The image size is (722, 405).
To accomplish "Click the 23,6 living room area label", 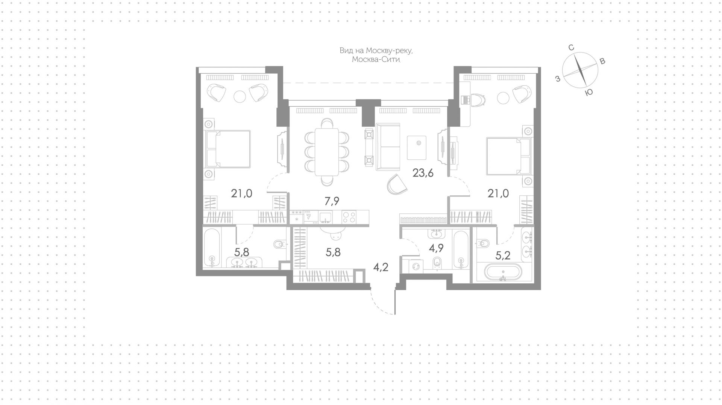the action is (423, 173).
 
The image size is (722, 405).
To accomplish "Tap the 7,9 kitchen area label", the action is (332, 201).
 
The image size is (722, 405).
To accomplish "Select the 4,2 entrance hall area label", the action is (381, 267).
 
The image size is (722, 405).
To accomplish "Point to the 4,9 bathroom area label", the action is (437, 249).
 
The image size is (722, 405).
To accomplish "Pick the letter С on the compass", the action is (571, 47).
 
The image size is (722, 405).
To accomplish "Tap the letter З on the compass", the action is (558, 79).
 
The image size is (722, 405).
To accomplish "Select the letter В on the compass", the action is (602, 61).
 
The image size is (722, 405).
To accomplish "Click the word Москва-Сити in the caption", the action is (376, 60).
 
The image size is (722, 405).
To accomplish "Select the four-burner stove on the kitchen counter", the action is (350, 217).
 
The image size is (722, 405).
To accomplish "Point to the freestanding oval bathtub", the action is (503, 272).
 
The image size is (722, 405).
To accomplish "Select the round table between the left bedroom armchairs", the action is (240, 97).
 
